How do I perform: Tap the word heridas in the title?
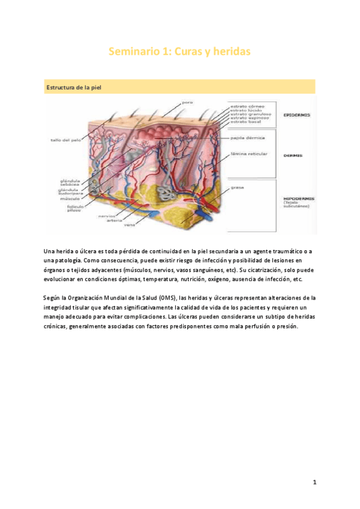point(229,53)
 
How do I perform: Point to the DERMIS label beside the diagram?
point(293,155)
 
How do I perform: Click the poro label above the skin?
point(187,102)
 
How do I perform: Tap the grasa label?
point(236,187)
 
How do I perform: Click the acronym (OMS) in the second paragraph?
point(168,297)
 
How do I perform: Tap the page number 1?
point(314,483)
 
